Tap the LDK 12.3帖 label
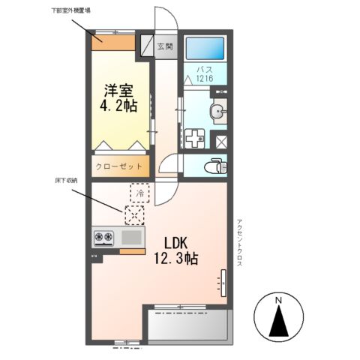click(176, 251)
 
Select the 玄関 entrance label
click(165, 46)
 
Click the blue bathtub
click(204, 49)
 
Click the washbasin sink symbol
click(218, 112)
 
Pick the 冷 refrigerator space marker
click(139, 193)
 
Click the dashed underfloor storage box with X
click(134, 217)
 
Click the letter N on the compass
click(278, 301)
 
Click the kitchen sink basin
click(132, 238)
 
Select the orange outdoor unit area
click(113, 40)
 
